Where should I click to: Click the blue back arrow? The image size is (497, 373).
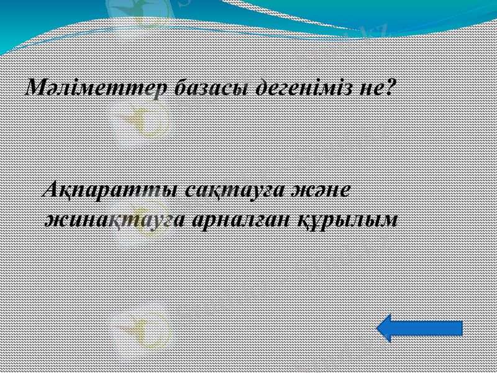420,328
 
